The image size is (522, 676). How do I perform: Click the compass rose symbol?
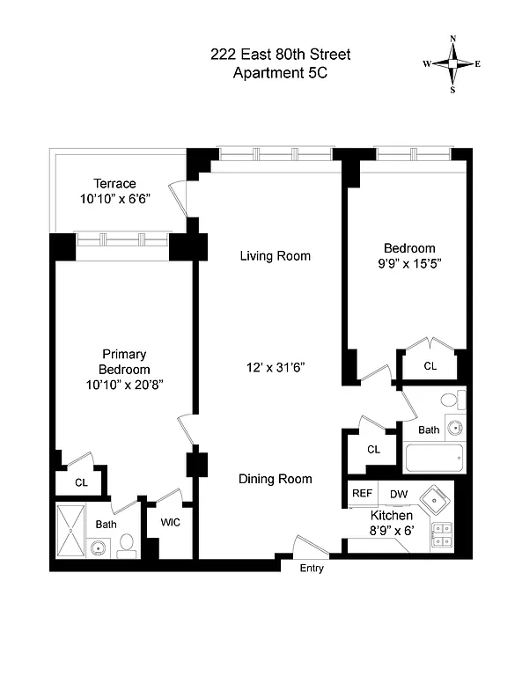pyautogui.click(x=452, y=64)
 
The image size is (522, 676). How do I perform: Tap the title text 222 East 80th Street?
pyautogui.click(x=280, y=55)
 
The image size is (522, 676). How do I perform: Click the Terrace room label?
pyautogui.click(x=115, y=183)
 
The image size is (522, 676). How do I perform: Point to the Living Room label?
pyautogui.click(x=276, y=256)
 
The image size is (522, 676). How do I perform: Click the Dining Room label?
pyautogui.click(x=276, y=479)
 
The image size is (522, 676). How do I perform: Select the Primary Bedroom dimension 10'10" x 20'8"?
pyautogui.click(x=124, y=385)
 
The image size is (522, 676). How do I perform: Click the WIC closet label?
pyautogui.click(x=171, y=521)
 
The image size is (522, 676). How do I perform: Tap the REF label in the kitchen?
pyautogui.click(x=362, y=494)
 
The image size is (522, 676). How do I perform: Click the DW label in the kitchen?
pyautogui.click(x=399, y=494)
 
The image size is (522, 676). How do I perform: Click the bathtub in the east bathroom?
pyautogui.click(x=433, y=459)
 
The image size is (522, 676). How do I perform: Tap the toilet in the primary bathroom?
pyautogui.click(x=127, y=546)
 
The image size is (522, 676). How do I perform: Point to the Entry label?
pyautogui.click(x=312, y=569)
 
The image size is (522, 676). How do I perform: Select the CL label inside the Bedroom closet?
pyautogui.click(x=430, y=366)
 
